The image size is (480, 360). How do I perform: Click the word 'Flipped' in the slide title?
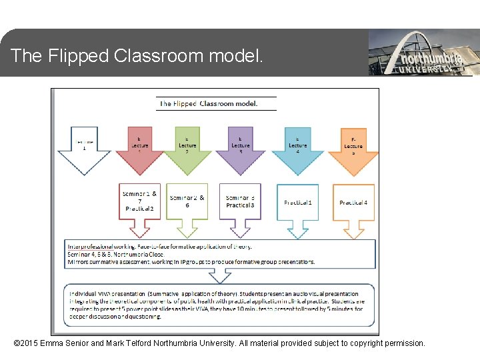78,56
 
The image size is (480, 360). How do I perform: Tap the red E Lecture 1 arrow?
139,148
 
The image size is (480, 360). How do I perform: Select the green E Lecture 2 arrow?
187,148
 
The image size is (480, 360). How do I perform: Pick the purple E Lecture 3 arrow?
240,148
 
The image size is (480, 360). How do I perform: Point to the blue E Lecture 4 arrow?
297,148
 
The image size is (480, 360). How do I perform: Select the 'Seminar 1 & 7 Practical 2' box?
140,201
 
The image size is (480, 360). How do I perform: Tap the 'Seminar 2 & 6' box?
187,201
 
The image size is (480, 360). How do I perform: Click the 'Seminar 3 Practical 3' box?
240,201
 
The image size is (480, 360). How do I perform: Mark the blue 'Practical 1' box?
297,202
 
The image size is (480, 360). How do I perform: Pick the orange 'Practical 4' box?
353,202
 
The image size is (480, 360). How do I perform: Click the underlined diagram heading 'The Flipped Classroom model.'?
208,103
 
